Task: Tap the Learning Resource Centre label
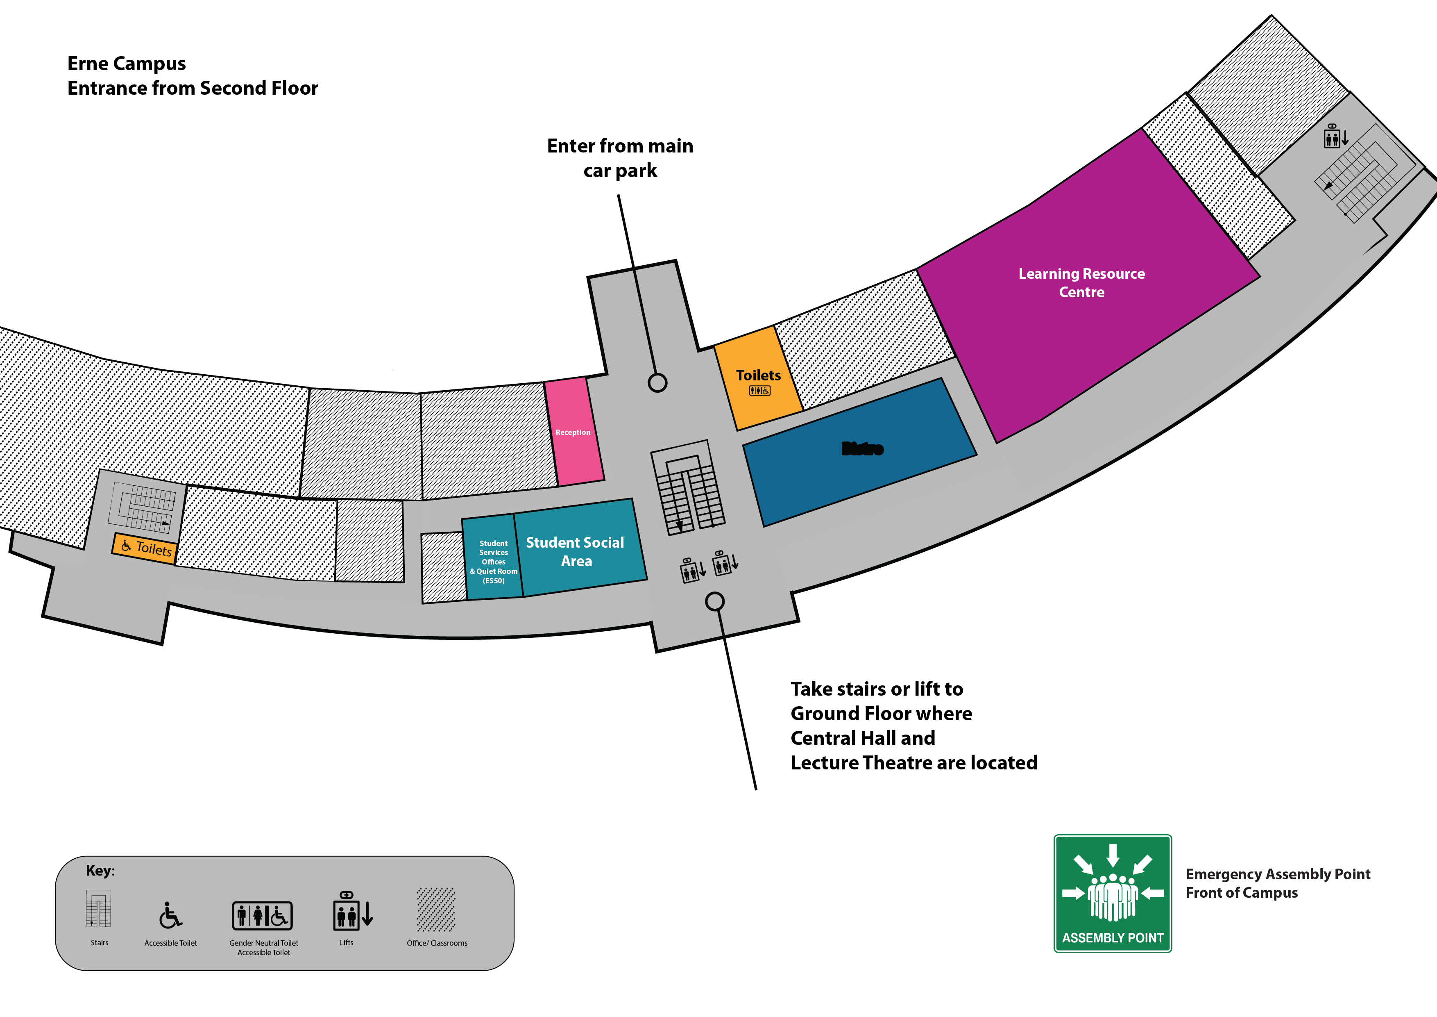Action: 1081,282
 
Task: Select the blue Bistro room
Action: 861,451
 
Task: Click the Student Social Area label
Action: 575,551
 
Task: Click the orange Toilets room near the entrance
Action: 758,379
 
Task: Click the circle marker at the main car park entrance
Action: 657,382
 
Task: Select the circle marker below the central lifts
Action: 715,601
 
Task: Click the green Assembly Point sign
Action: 1112,893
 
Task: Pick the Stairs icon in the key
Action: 99,908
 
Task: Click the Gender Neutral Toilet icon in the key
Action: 262,916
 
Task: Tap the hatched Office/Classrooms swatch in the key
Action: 436,909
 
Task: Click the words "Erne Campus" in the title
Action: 127,63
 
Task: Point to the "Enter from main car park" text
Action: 620,158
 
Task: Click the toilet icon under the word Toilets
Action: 759,391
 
